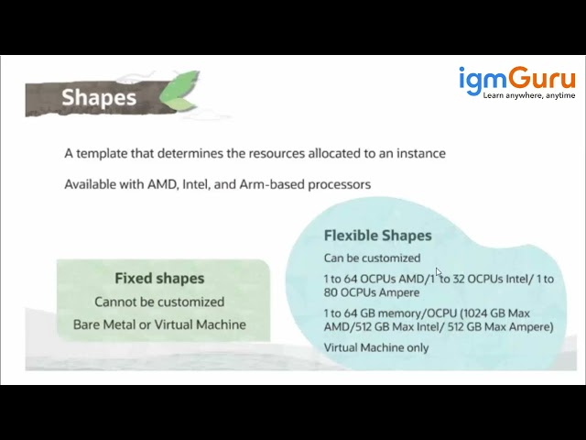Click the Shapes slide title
(98, 97)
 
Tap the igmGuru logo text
(516, 79)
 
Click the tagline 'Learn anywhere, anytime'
(529, 95)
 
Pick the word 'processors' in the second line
(339, 184)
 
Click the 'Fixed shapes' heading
(159, 278)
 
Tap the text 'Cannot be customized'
(159, 302)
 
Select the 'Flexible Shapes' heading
(377, 236)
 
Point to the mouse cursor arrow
(439, 272)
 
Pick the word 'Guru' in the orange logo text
(543, 79)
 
